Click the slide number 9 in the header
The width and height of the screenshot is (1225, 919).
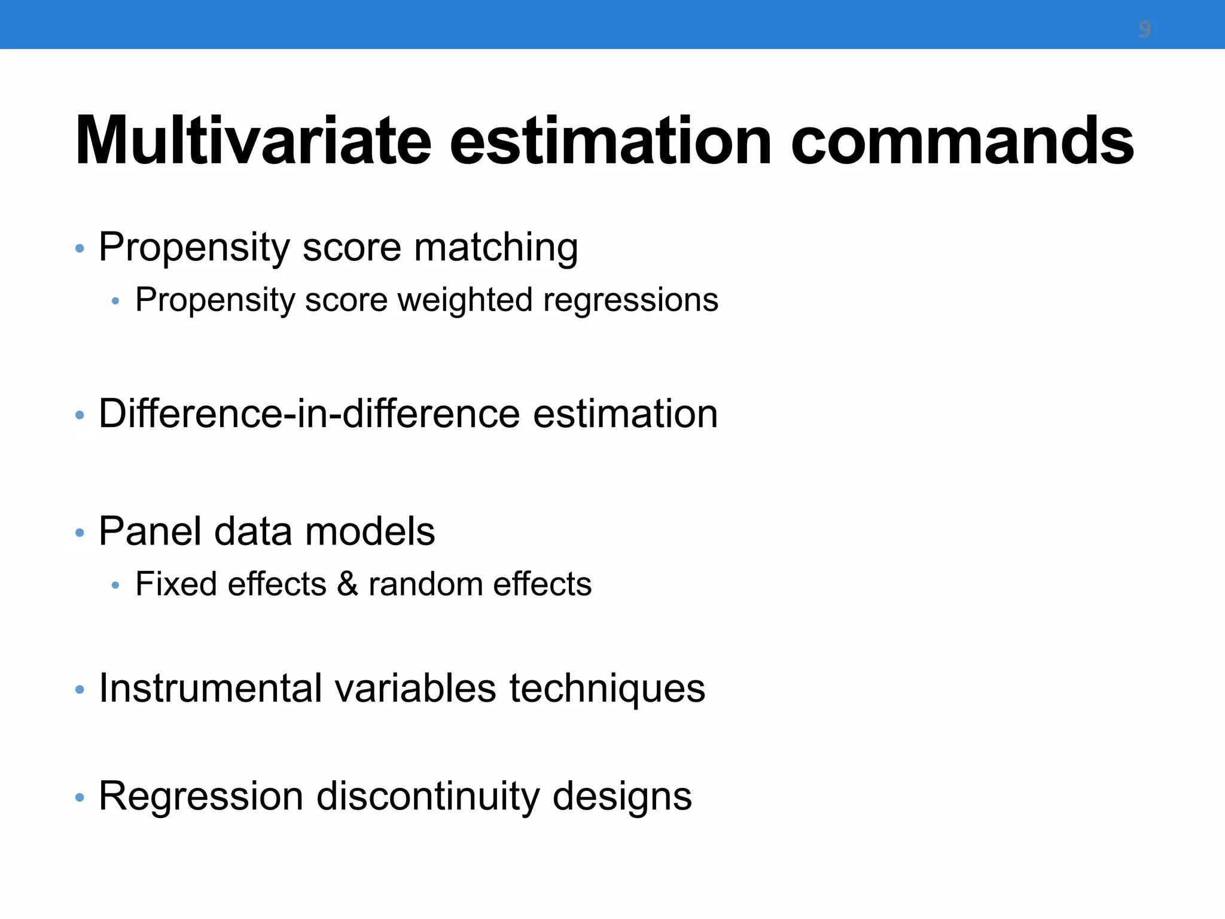[1144, 29]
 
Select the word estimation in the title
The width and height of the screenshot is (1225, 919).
[610, 142]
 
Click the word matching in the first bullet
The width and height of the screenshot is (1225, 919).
[496, 247]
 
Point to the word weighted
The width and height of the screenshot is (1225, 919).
[465, 300]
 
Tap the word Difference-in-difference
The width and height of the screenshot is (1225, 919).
[309, 413]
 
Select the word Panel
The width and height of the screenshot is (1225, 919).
[150, 531]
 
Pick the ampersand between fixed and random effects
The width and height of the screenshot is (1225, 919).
[347, 585]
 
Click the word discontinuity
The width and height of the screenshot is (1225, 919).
[427, 797]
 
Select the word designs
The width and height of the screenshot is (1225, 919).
[622, 798]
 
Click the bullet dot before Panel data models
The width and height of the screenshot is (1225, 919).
[80, 532]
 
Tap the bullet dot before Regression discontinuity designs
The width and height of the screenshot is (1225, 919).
[80, 798]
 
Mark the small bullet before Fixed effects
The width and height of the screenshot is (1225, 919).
[115, 586]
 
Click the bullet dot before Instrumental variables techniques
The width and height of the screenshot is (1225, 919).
[80, 690]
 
